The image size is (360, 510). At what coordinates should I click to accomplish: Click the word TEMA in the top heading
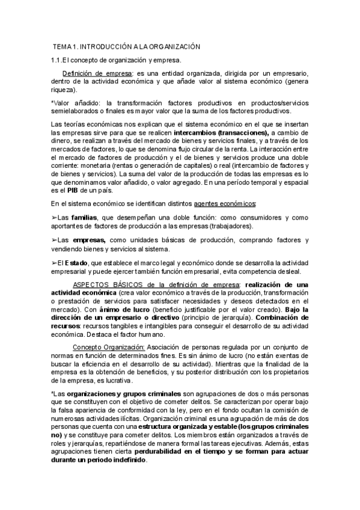click(62, 46)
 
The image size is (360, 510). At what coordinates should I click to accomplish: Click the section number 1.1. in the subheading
click(57, 60)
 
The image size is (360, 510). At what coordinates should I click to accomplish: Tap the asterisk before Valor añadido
click(52, 103)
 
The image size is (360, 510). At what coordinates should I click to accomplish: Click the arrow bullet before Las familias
click(54, 217)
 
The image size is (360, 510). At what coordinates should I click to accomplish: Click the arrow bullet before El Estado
click(54, 262)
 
